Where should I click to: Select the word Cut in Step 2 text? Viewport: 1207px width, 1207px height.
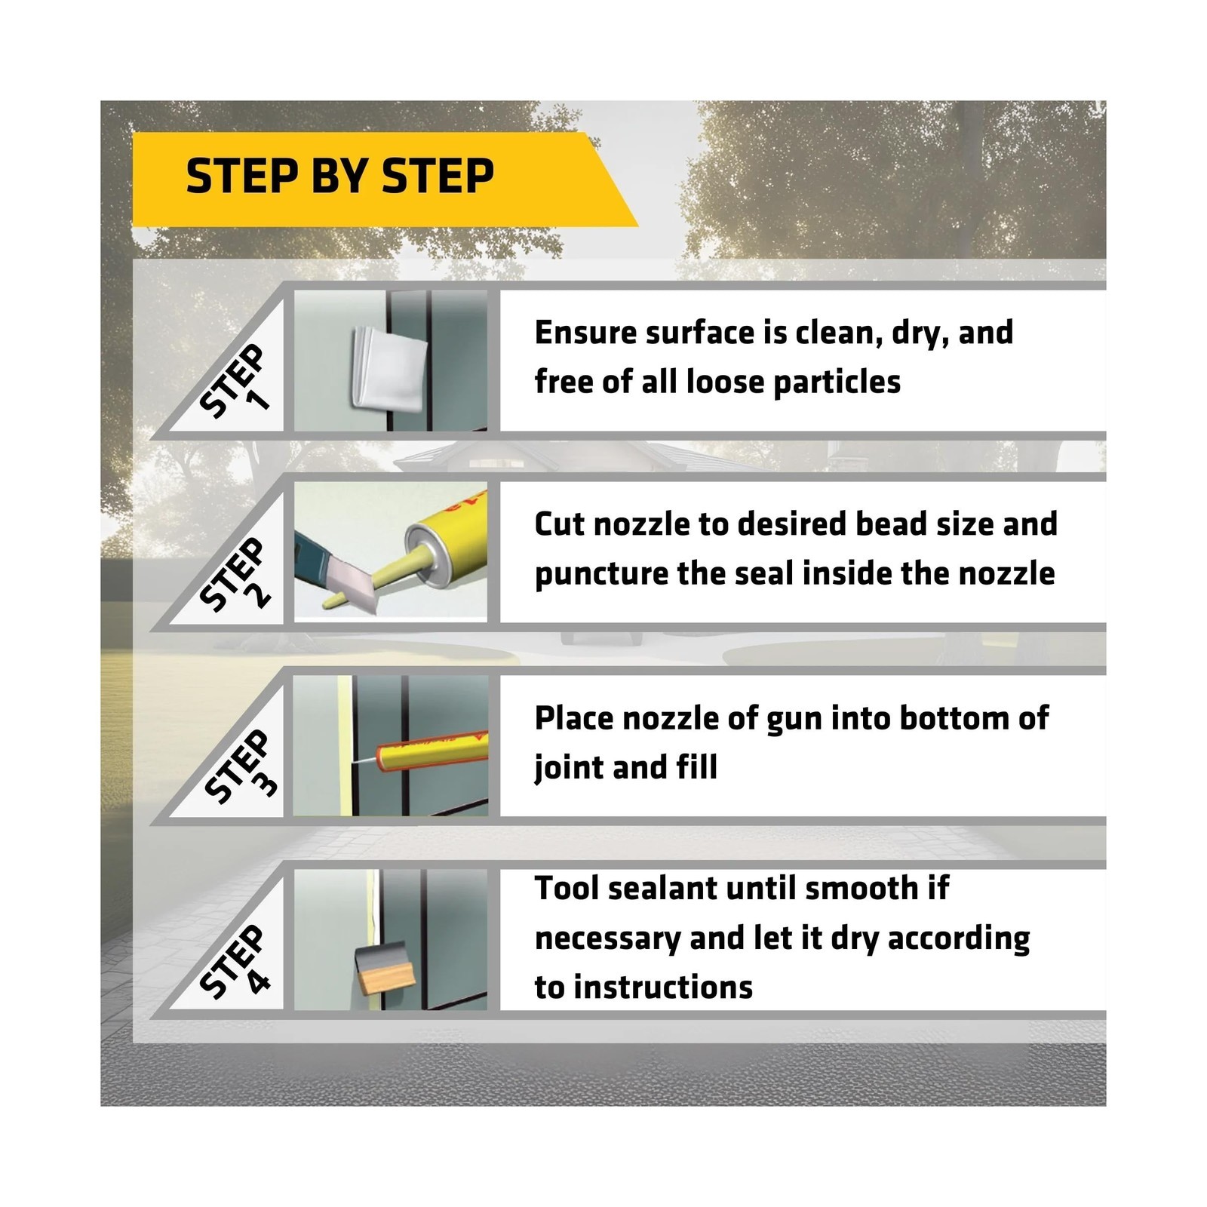click(560, 524)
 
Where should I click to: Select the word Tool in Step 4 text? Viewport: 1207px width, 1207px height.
click(567, 889)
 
